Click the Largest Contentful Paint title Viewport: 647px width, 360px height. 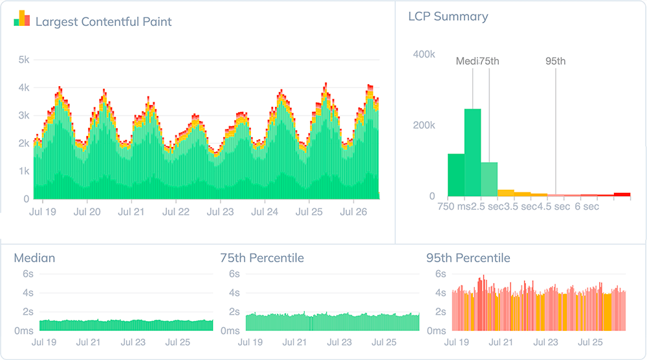104,22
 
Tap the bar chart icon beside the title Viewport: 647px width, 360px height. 22,19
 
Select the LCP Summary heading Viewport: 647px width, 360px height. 448,17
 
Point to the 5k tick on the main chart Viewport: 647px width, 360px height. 24,60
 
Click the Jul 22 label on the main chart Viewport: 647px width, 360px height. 175,211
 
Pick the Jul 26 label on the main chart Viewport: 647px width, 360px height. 353,211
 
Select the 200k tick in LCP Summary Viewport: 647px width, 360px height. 424,125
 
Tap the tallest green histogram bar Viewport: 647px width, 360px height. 473,153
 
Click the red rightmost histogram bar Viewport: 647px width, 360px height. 622,194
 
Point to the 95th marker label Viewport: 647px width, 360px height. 555,62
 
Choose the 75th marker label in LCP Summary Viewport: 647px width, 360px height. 490,62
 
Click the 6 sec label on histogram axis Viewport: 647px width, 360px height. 586,207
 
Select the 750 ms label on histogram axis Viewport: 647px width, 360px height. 454,207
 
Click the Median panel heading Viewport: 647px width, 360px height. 34,258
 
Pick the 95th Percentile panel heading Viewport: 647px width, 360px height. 468,258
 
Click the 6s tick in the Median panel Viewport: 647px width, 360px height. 28,274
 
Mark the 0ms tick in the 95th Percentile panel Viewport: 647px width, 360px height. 436,331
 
